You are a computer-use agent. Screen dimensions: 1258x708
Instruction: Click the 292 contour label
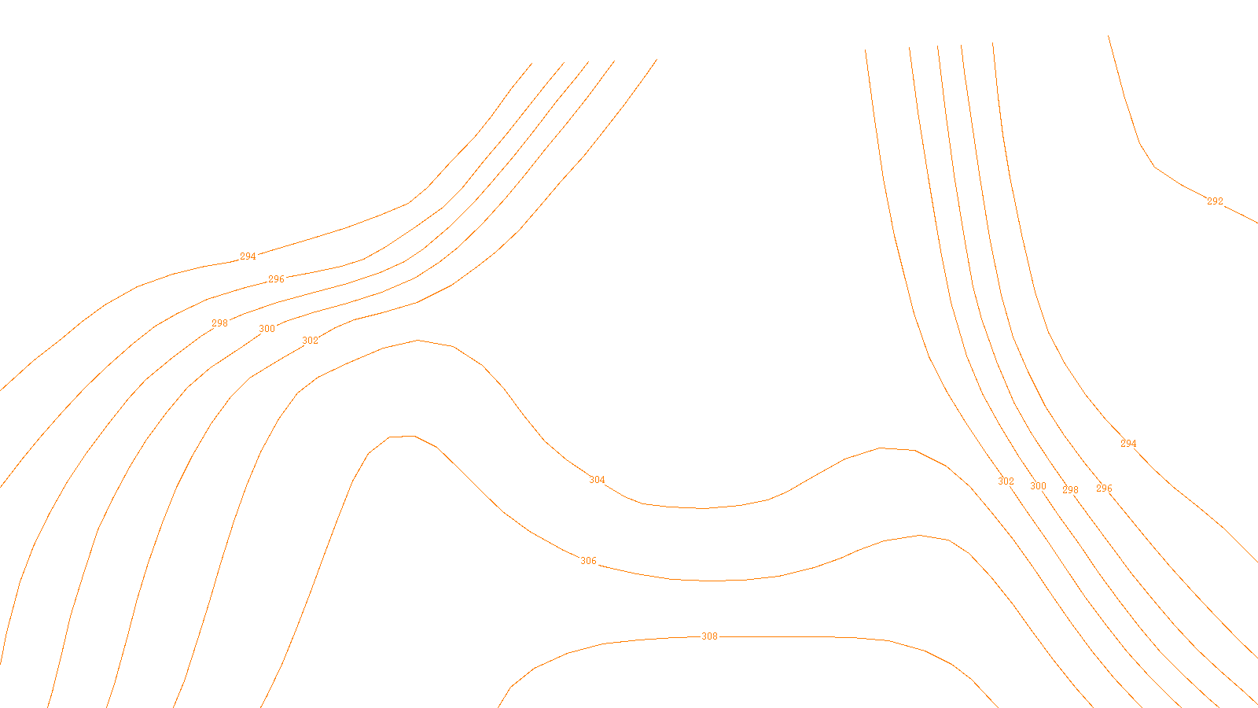[1215, 201]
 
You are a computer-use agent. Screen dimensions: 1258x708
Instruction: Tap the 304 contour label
[597, 480]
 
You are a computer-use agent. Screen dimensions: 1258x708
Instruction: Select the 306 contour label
[588, 561]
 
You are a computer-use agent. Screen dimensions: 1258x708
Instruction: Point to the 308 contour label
[709, 636]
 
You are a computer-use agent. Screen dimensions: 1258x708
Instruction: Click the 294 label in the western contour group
[248, 256]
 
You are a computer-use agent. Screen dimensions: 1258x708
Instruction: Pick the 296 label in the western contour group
[276, 279]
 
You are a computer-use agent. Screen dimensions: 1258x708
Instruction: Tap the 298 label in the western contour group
[219, 323]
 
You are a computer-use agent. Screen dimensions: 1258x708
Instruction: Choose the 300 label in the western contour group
[267, 329]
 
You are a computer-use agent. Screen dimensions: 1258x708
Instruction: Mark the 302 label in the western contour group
[311, 341]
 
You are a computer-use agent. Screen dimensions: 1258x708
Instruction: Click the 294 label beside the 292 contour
[1128, 444]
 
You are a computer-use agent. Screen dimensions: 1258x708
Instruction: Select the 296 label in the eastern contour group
[1104, 489]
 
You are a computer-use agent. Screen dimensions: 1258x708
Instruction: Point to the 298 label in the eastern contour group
[1070, 490]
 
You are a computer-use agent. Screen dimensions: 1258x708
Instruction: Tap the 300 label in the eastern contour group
[1038, 486]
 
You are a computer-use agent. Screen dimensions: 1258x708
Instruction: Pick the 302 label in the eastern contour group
[1006, 481]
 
